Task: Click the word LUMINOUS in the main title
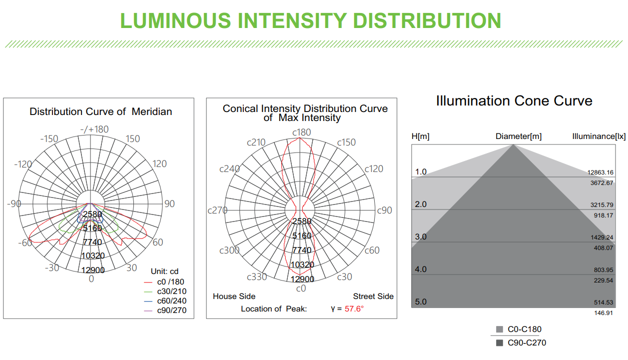click(175, 21)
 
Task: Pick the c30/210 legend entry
click(165, 291)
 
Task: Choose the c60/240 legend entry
click(165, 301)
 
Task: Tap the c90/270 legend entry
click(165, 310)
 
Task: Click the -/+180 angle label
click(94, 129)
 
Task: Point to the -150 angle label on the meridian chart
click(49, 138)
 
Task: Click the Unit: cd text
click(164, 271)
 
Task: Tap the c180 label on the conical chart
click(301, 132)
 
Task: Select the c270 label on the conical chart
click(217, 210)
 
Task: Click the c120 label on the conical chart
click(374, 168)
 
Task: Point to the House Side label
click(234, 296)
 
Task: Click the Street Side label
click(373, 296)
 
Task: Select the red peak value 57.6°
click(354, 308)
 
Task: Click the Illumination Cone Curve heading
click(514, 100)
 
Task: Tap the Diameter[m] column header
click(519, 136)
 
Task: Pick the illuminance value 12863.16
click(600, 172)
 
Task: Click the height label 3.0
click(421, 236)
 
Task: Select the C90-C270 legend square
click(499, 342)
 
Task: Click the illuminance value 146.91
click(604, 313)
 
